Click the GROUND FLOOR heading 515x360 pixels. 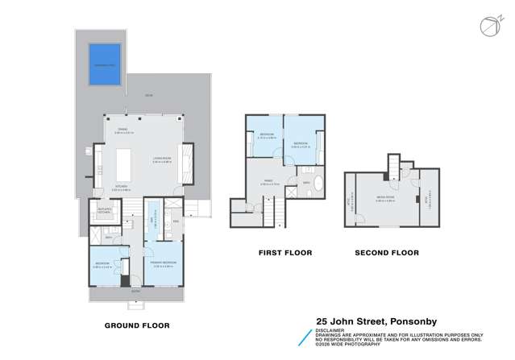[138, 326]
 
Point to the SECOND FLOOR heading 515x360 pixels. [387, 253]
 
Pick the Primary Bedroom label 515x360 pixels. [164, 263]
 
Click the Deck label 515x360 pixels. [147, 96]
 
